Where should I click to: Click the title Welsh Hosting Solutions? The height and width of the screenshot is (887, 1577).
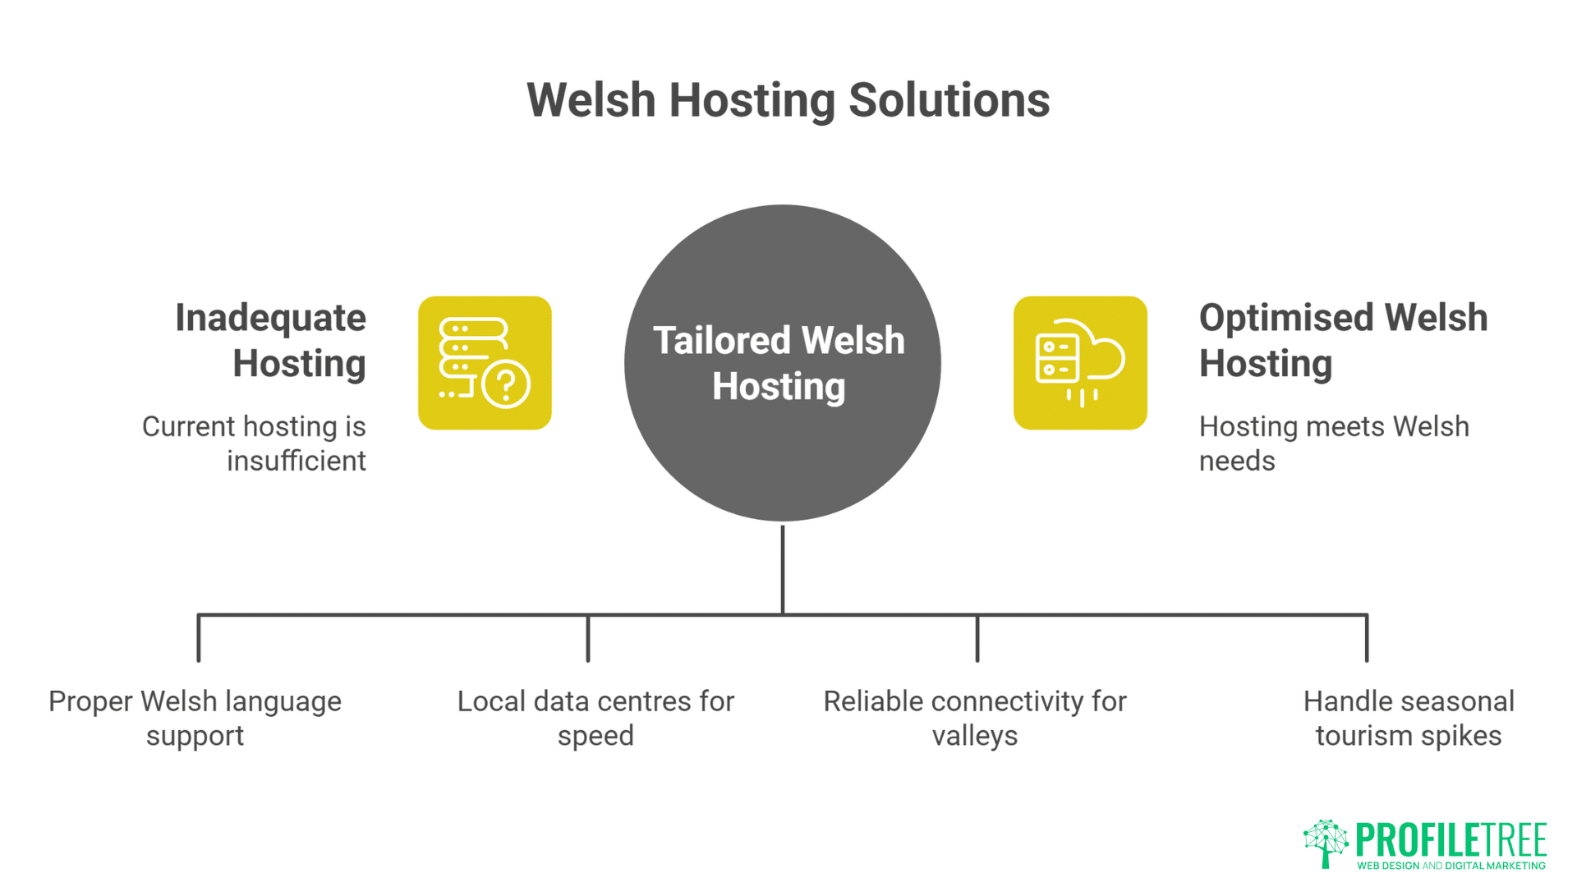[x=788, y=100]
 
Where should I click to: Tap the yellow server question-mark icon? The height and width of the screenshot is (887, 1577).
[x=485, y=362]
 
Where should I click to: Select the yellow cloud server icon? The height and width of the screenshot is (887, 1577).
[x=1079, y=362]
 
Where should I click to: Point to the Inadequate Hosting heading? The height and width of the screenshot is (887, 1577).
[x=271, y=340]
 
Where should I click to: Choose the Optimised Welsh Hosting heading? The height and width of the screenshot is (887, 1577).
[x=1342, y=340]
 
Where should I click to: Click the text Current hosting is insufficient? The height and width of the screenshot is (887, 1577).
[x=255, y=443]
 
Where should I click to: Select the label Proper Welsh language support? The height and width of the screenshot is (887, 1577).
[x=195, y=718]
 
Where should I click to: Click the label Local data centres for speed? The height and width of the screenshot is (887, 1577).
[x=595, y=718]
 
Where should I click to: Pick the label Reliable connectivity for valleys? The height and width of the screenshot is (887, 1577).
[x=975, y=718]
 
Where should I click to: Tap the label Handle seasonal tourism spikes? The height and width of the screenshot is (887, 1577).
[x=1408, y=718]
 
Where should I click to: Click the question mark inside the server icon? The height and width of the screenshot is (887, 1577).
[x=506, y=384]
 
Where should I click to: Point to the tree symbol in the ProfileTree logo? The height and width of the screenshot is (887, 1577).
[x=1325, y=843]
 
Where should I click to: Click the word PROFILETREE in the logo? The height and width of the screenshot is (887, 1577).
[x=1451, y=840]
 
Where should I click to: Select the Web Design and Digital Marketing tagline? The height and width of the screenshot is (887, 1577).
[x=1451, y=866]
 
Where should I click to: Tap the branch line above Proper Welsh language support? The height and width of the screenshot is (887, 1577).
[x=199, y=638]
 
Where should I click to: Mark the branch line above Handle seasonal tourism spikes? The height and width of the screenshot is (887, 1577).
[x=1367, y=638]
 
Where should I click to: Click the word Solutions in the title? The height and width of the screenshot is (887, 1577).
[x=949, y=100]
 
